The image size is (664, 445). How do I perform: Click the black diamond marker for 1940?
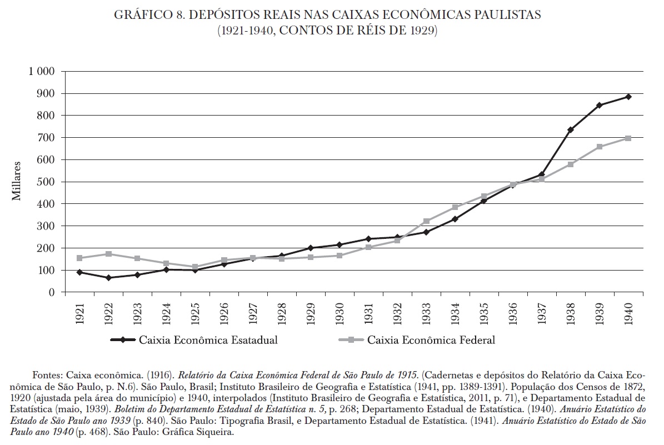click(x=628, y=97)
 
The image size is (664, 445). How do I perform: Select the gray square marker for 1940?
click(x=628, y=138)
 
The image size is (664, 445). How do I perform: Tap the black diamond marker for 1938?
click(x=570, y=130)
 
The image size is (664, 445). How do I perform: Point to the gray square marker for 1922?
click(x=108, y=254)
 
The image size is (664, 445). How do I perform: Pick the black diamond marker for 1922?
click(x=108, y=278)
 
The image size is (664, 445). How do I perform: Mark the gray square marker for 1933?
click(x=426, y=221)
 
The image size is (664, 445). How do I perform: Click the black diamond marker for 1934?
click(x=455, y=219)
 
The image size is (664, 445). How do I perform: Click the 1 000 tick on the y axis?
click(x=41, y=72)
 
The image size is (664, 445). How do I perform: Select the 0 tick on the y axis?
click(x=51, y=292)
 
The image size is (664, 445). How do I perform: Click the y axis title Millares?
click(x=17, y=182)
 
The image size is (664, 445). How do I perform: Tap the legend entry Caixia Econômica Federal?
click(x=431, y=340)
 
